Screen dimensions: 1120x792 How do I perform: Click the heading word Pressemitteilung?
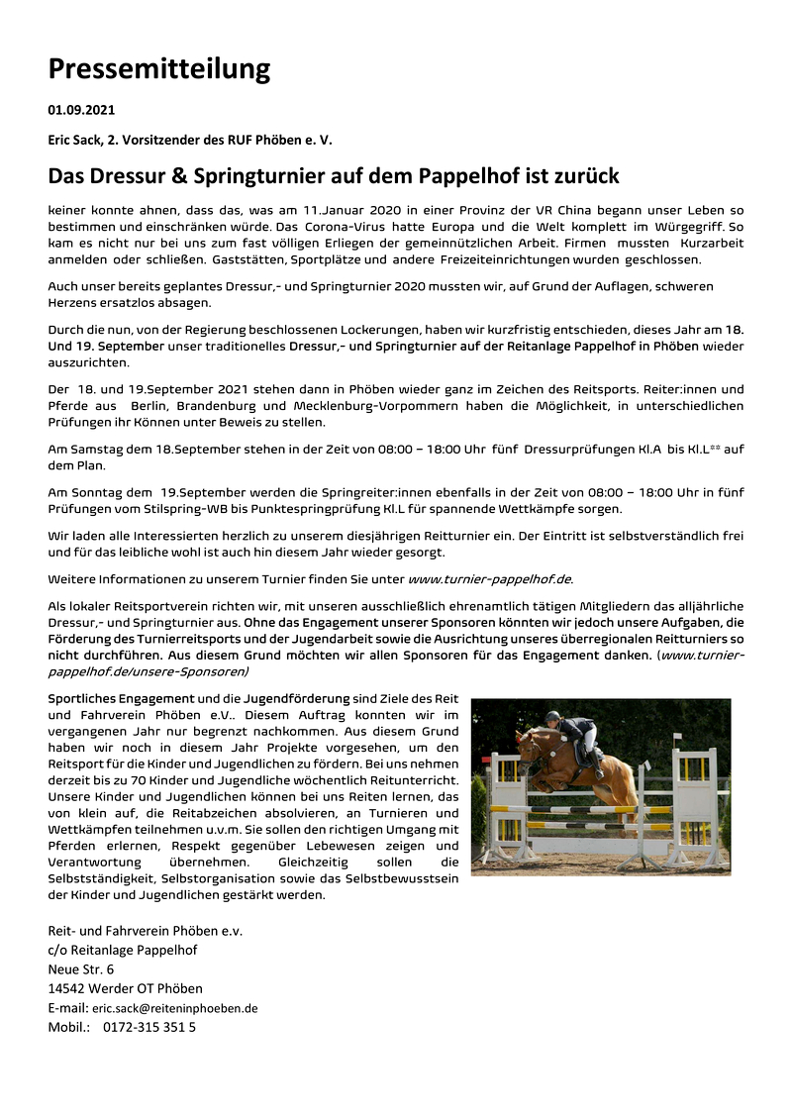point(158,68)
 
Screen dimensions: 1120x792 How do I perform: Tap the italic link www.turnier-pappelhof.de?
point(490,578)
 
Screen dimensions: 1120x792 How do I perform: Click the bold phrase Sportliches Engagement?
point(122,698)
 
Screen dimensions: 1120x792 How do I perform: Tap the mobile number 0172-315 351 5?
point(149,1027)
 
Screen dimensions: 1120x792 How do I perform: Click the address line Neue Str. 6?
point(81,969)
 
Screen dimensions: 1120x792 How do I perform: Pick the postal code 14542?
point(66,988)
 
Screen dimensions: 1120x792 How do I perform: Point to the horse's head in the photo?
point(528,744)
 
